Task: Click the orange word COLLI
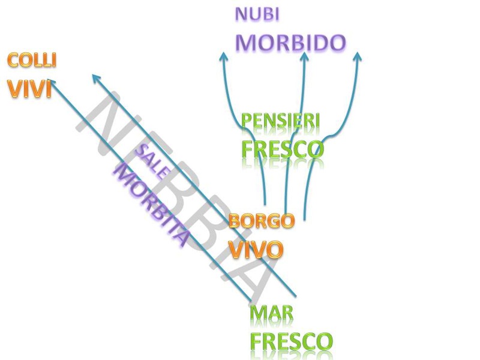tap(32, 60)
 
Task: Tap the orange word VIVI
tap(29, 88)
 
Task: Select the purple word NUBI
tap(257, 15)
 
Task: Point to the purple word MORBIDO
tap(290, 42)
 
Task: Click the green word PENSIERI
tap(280, 121)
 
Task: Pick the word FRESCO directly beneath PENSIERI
tap(282, 148)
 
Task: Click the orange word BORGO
tap(262, 221)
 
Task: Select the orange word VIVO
tap(256, 248)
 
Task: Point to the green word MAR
tap(271, 313)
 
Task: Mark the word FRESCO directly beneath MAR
tap(291, 341)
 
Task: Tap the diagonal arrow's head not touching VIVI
tap(95, 77)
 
